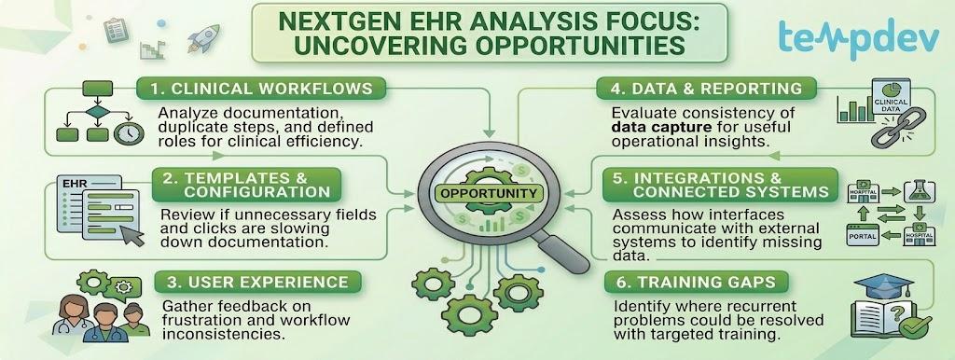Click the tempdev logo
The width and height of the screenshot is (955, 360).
[859, 36]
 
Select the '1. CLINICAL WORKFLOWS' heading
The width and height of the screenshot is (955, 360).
[261, 89]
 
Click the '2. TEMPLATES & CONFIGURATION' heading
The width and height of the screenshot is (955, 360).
[245, 186]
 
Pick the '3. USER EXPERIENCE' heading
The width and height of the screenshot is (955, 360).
[257, 282]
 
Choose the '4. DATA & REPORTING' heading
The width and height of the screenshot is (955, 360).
[706, 89]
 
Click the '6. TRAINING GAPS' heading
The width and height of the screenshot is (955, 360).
[696, 282]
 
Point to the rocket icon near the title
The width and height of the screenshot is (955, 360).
[202, 37]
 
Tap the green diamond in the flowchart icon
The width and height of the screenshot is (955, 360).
[97, 113]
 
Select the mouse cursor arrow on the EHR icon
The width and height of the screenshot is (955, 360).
[132, 234]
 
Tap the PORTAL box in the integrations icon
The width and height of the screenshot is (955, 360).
[863, 235]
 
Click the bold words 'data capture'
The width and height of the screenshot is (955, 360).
[655, 128]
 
